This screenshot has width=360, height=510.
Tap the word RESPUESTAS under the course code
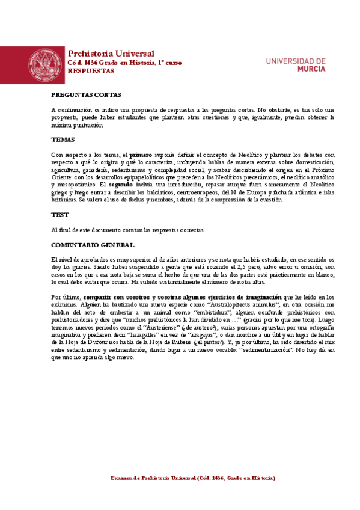[x=90, y=71]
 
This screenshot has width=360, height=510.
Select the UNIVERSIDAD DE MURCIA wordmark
[x=295, y=65]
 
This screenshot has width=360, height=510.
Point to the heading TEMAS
[x=63, y=139]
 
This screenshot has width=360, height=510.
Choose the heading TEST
[x=59, y=214]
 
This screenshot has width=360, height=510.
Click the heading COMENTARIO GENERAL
[x=93, y=245]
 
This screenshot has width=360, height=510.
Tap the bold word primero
[x=141, y=155]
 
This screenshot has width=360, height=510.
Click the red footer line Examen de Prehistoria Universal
[x=193, y=478]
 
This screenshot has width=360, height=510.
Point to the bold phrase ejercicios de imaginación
[x=244, y=297]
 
